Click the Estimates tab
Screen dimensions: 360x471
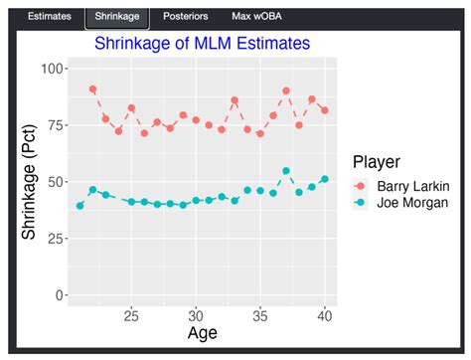pyautogui.click(x=49, y=17)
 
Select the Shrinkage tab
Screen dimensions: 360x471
pyautogui.click(x=117, y=17)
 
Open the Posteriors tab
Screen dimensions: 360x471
pyautogui.click(x=185, y=17)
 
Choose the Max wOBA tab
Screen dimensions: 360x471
pyautogui.click(x=255, y=17)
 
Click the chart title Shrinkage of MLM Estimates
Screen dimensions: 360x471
pyautogui.click(x=203, y=44)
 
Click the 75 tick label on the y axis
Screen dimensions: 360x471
pyautogui.click(x=57, y=124)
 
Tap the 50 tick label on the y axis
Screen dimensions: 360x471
pyautogui.click(x=57, y=182)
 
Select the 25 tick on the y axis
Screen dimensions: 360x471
pyautogui.click(x=57, y=239)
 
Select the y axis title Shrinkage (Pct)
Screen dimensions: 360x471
pyautogui.click(x=30, y=181)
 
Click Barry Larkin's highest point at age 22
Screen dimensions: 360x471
pyautogui.click(x=93, y=90)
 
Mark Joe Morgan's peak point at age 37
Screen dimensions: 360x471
pyautogui.click(x=286, y=171)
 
